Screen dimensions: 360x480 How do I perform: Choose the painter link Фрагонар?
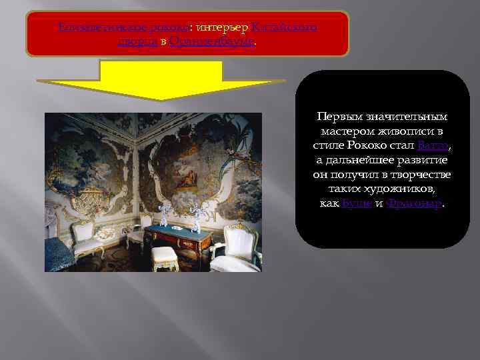[x=413, y=203]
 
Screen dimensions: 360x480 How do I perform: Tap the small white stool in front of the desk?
[x=164, y=256]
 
